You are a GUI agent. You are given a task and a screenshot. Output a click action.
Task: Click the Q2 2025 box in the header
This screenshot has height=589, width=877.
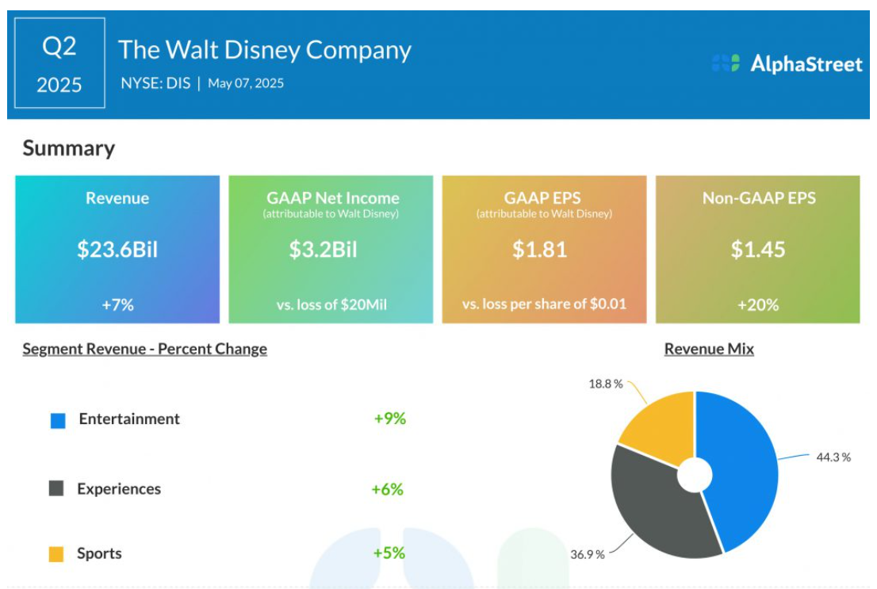point(59,63)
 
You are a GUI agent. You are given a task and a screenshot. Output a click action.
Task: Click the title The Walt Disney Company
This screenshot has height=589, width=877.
point(265,49)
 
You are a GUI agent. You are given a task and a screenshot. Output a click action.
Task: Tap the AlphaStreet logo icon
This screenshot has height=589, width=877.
point(725,63)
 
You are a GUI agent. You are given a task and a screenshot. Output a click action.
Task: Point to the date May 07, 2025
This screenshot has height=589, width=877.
point(246,83)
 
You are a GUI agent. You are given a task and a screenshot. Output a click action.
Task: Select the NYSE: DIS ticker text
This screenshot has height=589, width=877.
point(155,83)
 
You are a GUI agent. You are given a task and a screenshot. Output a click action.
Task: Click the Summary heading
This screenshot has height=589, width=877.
point(69,148)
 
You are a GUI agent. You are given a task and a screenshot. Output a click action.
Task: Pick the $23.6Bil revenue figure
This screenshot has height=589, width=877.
point(117,250)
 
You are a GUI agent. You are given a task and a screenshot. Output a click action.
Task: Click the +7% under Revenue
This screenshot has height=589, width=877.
point(117,304)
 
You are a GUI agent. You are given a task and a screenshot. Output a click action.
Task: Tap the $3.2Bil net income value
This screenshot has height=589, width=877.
point(324,250)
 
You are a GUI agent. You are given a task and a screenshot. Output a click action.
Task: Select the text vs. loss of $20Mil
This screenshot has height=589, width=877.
point(331,304)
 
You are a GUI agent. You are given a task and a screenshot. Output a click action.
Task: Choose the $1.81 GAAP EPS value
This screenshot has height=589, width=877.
point(540,250)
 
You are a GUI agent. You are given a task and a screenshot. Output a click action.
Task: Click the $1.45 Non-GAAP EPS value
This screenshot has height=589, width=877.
point(758,250)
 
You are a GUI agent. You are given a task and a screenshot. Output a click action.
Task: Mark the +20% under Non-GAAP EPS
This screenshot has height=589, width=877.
point(758,304)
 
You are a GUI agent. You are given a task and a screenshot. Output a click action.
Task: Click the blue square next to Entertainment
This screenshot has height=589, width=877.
point(58,420)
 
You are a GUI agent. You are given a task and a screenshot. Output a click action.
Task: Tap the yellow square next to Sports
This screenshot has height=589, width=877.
point(56,554)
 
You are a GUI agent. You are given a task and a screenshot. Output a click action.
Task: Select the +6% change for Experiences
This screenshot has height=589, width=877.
point(387,489)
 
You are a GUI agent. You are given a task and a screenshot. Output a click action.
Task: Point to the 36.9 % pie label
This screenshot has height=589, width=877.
point(588,553)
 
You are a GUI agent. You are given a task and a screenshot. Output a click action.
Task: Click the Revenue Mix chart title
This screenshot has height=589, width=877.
point(709,349)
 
